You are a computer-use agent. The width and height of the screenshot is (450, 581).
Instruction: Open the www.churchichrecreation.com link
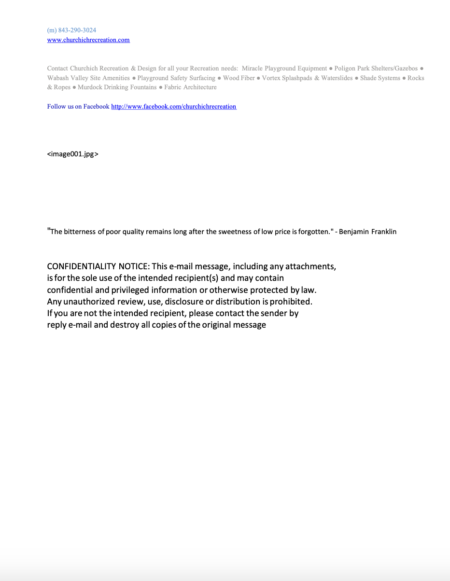click(x=88, y=40)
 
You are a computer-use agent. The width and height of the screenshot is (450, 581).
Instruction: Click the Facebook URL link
click(x=173, y=107)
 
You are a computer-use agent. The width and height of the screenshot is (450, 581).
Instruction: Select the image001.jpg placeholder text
click(x=72, y=154)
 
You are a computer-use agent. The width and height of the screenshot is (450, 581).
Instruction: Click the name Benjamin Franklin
click(x=367, y=232)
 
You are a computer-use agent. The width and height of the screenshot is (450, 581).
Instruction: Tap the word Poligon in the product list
click(x=345, y=69)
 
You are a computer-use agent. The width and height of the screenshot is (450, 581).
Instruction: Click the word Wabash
click(x=58, y=78)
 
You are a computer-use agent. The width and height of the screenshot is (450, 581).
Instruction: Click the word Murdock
click(x=90, y=87)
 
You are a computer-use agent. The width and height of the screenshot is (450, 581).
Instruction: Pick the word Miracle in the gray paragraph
click(x=252, y=69)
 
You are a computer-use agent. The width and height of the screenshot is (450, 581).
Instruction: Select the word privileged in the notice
click(x=130, y=290)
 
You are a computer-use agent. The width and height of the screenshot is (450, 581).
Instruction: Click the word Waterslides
click(x=337, y=78)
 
